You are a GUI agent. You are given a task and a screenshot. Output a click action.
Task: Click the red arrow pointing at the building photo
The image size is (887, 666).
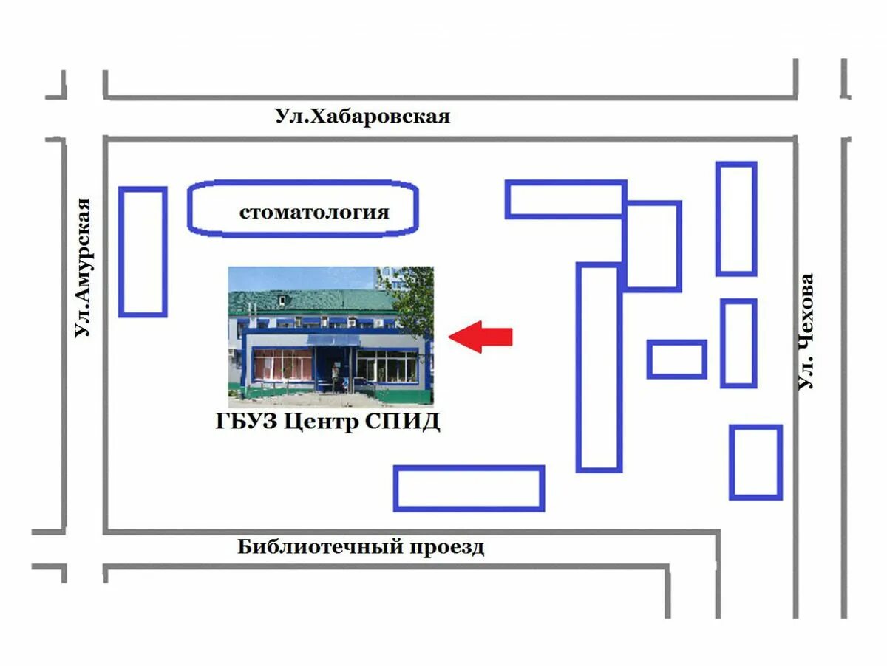[481, 337]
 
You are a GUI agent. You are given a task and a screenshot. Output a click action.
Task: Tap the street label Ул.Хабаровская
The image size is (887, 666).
[362, 116]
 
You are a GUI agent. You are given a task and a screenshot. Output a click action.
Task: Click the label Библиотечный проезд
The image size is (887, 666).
[361, 547]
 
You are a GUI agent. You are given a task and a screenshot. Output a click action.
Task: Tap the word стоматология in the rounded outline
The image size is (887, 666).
[313, 213]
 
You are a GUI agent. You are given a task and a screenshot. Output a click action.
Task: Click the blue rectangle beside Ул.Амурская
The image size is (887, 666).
[143, 252]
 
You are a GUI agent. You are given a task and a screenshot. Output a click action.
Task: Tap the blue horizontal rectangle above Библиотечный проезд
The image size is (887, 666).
[469, 488]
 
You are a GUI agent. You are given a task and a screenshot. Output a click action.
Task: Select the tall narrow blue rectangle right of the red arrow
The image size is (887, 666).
[599, 367]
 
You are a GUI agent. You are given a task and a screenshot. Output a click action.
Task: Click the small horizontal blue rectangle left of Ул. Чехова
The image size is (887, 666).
[676, 359]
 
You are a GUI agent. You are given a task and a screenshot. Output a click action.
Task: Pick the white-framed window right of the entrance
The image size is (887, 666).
[387, 365]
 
